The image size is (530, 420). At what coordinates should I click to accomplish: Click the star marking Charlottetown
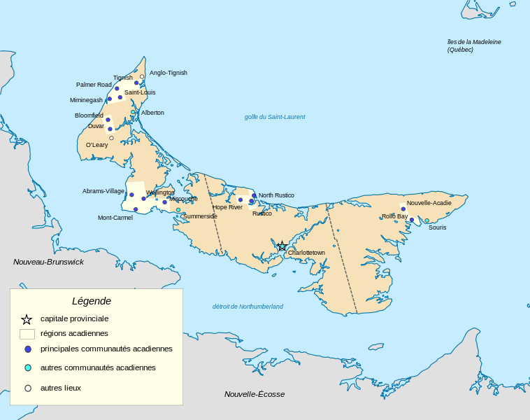click(282, 246)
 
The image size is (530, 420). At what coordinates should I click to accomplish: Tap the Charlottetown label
click(306, 253)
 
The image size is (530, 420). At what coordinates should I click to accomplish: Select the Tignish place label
click(122, 78)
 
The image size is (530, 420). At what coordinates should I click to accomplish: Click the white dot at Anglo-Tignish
click(142, 76)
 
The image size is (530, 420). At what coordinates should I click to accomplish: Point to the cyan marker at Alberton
click(133, 112)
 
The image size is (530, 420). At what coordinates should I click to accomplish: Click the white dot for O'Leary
click(111, 138)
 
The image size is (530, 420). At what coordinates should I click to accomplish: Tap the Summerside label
click(200, 216)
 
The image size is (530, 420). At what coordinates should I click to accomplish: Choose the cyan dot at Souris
click(427, 220)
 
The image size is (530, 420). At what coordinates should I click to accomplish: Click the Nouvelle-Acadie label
click(429, 203)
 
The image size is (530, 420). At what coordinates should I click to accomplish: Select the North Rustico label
click(276, 195)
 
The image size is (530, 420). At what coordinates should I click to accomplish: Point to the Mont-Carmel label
click(115, 218)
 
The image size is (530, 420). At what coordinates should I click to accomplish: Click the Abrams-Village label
click(103, 191)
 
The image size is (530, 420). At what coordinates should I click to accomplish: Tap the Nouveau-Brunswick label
click(48, 262)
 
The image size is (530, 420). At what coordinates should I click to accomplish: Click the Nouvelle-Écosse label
click(255, 394)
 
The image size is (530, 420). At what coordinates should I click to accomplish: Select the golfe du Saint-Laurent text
click(275, 117)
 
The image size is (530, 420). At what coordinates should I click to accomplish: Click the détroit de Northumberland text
click(248, 307)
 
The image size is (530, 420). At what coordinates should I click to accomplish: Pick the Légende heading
click(92, 301)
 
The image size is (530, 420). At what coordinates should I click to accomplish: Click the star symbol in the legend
click(27, 319)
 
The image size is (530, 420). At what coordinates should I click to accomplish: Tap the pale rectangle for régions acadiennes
click(27, 334)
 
